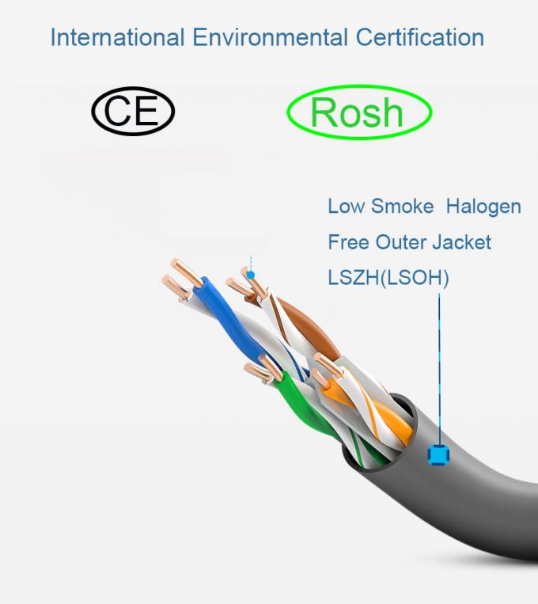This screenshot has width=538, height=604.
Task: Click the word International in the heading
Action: point(117,37)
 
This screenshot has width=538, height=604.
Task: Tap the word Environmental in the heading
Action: point(265,37)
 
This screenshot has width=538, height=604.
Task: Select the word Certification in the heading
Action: point(418,37)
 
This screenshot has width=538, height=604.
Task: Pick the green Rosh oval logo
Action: point(358,113)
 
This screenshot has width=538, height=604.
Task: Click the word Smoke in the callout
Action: point(403,207)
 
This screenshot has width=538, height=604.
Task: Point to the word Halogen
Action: point(483,207)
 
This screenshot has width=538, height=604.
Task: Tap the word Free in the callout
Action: point(349,242)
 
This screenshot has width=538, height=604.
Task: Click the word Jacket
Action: point(464,242)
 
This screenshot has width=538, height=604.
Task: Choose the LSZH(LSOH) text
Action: point(388,278)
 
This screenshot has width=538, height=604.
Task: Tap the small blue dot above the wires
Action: point(250,274)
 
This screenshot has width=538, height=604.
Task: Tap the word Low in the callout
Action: point(346,207)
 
